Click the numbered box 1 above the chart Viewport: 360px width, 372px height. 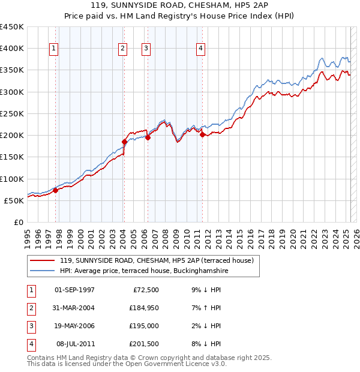pyautogui.click(x=54, y=49)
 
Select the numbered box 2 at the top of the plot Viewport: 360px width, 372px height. pyautogui.click(x=122, y=49)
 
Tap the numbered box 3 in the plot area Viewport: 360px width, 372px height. pyautogui.click(x=146, y=49)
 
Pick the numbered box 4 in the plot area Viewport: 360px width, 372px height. pyautogui.click(x=200, y=49)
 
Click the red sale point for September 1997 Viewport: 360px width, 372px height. pyautogui.click(x=56, y=191)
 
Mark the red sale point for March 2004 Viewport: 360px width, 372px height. pyautogui.click(x=125, y=142)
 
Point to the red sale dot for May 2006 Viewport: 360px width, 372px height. pyautogui.click(x=148, y=137)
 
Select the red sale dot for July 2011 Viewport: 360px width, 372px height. pyautogui.click(x=202, y=134)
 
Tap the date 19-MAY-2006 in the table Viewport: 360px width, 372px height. pyautogui.click(x=74, y=326)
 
